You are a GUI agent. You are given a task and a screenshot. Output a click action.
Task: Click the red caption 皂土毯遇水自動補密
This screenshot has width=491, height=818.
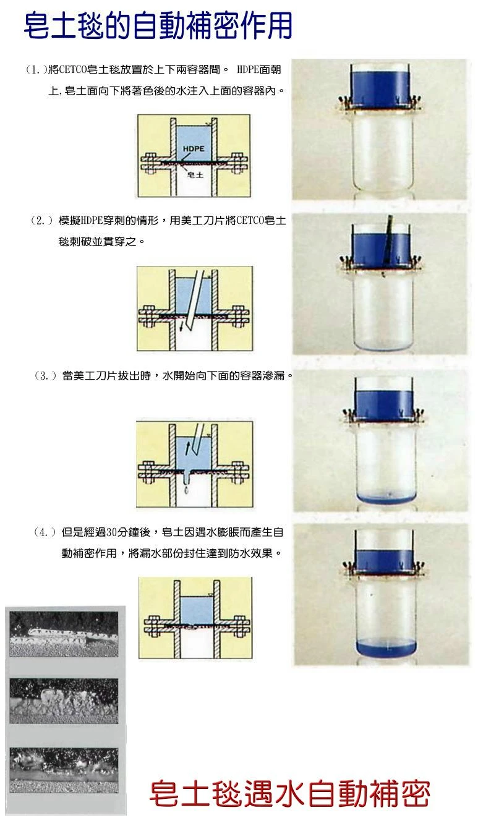pos(289,794)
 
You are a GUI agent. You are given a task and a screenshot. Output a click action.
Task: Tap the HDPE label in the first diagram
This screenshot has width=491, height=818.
pos(194,148)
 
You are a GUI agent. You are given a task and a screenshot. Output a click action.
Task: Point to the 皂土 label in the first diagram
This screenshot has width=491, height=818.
pos(195,175)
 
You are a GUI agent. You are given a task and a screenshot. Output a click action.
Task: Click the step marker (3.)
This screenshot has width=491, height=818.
pos(46,376)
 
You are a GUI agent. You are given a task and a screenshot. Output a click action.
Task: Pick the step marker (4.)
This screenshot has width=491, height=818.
pos(46,532)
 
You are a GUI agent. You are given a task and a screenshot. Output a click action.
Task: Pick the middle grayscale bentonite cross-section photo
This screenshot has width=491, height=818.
pos(64,701)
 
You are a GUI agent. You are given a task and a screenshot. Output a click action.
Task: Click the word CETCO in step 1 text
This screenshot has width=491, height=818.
pos(74,69)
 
